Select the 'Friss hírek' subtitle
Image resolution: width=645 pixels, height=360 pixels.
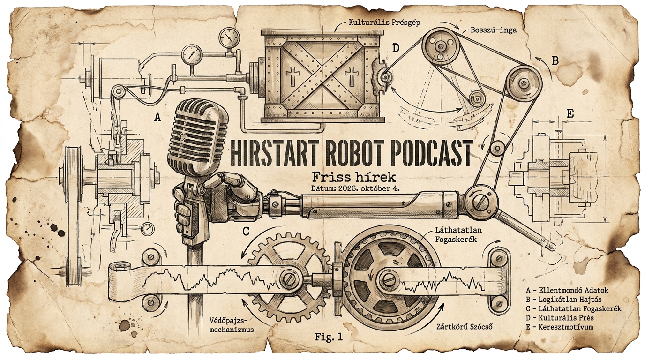(x=354, y=177)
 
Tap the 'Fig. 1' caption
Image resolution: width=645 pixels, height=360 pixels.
(x=329, y=337)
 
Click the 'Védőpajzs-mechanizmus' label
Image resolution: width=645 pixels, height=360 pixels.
(x=232, y=324)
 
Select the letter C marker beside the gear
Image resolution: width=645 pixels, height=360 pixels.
(x=246, y=231)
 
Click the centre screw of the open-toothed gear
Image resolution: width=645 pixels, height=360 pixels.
(x=289, y=278)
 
